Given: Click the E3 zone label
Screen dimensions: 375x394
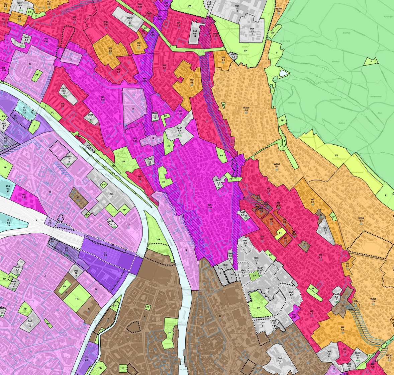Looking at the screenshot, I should point(336,156).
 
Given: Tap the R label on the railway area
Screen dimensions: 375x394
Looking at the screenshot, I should point(36,221).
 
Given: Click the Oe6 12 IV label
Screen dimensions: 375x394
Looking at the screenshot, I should point(150,162).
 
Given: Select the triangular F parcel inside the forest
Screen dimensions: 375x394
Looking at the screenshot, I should point(371,61).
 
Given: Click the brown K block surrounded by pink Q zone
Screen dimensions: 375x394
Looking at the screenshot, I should point(79,197).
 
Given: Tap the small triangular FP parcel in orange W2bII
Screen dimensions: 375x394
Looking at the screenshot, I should point(223,105).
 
